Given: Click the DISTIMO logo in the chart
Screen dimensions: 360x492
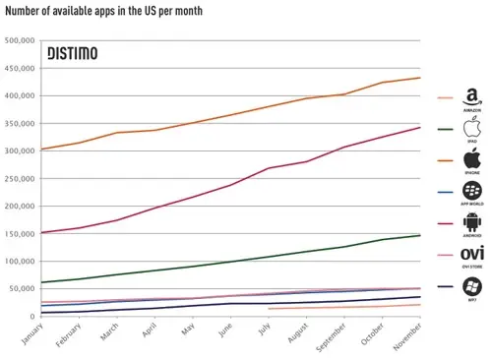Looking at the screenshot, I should tap(73, 54).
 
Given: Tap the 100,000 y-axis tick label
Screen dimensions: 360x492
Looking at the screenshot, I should tap(20, 262).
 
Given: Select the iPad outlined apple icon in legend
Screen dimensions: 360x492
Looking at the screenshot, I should tap(470, 127).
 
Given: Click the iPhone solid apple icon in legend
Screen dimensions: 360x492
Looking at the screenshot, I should tap(470, 158).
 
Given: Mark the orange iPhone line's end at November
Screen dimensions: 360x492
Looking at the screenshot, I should tap(421, 78).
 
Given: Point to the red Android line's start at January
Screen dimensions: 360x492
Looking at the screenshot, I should tap(40, 233).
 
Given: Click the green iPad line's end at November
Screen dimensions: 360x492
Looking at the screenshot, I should tap(421, 235).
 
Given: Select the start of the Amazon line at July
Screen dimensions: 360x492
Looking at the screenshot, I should tap(269, 309).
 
